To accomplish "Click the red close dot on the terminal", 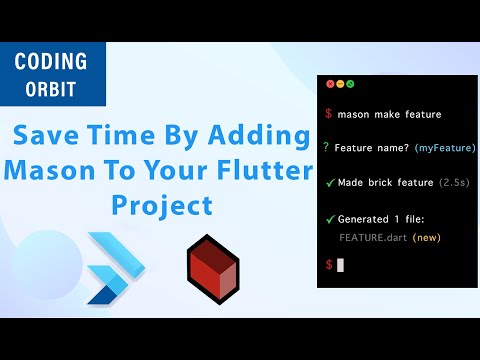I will point(330,84).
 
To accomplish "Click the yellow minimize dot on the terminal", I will point(340,84).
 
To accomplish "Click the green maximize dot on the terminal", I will point(350,84).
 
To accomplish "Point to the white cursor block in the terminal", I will point(340,265).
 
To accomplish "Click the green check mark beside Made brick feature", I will point(328,182).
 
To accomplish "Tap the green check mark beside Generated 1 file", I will point(328,218).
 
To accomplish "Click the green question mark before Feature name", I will point(327,147).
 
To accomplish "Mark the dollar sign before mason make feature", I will point(328,114).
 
